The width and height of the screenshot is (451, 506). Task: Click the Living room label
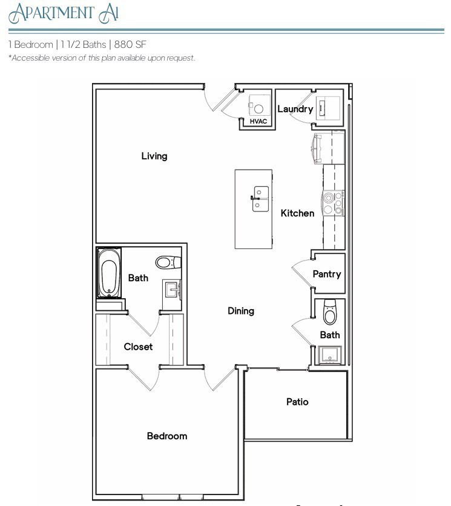coord(154,156)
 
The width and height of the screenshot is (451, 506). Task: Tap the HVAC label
coord(258,121)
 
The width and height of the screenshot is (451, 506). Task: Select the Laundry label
coord(295,109)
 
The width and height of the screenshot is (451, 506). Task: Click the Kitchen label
coord(297,213)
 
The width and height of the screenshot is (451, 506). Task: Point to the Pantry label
coord(327,274)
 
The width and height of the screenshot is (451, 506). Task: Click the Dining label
coord(240,311)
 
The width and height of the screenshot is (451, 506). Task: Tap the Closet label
coord(138,347)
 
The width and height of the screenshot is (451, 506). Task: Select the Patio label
coord(297,401)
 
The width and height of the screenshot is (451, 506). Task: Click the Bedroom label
coord(167,436)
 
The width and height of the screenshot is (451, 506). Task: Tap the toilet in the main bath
coord(166,263)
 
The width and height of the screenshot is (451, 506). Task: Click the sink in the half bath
coord(330,355)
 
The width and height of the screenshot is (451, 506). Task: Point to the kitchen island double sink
coord(260,199)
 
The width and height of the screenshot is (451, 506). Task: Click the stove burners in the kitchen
coord(333,202)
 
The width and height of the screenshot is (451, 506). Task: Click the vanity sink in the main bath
coord(173,290)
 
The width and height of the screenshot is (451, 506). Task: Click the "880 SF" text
coord(130,45)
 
